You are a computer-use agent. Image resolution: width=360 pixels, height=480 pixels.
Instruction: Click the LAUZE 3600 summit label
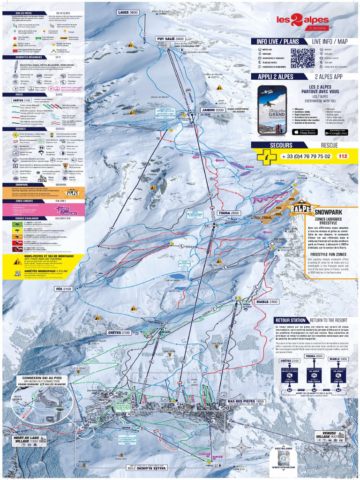point(128,12)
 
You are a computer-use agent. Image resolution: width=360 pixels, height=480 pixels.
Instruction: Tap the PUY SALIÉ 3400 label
point(171,39)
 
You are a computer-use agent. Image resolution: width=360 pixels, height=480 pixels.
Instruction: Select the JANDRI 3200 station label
point(209,110)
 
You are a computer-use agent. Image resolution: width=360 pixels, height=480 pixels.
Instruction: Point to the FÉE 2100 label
point(64,289)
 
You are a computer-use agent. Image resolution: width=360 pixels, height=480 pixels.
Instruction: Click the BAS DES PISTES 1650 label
point(247,402)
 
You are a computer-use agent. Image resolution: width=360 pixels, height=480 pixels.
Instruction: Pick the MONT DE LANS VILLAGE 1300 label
point(29,440)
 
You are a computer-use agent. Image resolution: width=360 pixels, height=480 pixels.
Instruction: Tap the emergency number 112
point(343,156)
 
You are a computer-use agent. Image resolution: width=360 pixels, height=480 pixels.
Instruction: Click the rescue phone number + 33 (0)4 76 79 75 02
point(306,156)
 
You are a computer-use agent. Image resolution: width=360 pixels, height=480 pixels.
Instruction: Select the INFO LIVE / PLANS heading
point(278,41)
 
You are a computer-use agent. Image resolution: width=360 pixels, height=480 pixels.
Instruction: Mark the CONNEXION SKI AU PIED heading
point(42,378)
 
